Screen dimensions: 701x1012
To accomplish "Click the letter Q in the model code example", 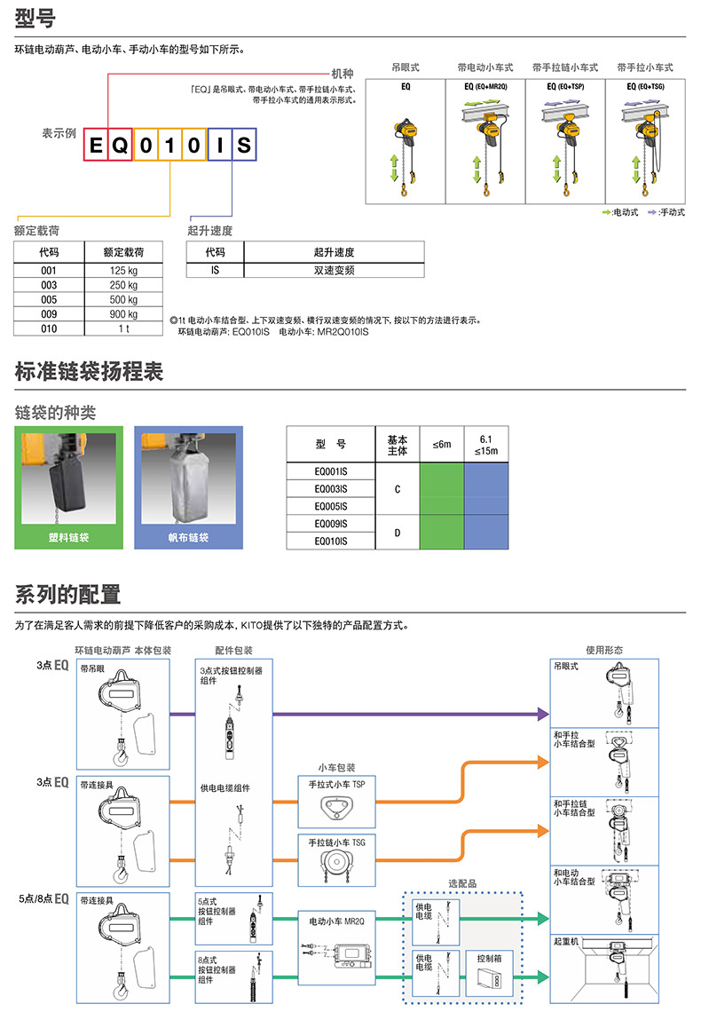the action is tap(121, 146).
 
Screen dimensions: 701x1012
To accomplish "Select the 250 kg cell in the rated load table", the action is tap(123, 285).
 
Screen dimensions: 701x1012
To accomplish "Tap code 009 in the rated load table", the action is tap(49, 314).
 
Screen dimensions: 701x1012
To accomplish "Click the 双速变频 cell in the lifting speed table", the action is tap(334, 271).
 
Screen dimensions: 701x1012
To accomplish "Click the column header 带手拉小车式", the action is tap(645, 67).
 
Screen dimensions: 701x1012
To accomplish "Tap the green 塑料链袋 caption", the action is tap(68, 538).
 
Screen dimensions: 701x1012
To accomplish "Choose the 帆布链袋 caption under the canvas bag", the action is tap(188, 538).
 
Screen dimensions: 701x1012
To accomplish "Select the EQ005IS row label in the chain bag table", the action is tap(331, 507).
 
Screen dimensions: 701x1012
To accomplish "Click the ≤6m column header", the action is tap(442, 444).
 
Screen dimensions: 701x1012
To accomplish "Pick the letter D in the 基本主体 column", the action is tap(398, 534).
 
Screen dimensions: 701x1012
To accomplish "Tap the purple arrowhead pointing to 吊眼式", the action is tap(544, 715).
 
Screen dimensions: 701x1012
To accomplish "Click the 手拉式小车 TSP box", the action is tap(336, 802).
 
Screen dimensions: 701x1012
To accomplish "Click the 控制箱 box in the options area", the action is tap(489, 974).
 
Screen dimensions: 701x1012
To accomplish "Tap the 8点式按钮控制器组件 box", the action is tap(234, 976).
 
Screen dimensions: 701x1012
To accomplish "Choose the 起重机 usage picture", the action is tap(604, 969).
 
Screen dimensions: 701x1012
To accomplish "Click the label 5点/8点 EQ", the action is tap(43, 898).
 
